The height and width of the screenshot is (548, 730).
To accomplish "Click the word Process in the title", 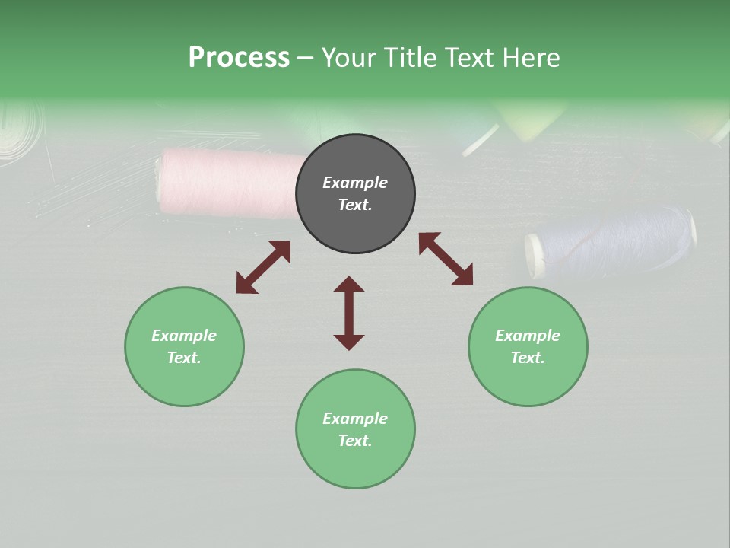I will (x=239, y=58).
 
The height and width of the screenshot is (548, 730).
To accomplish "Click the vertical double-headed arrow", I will (x=349, y=313).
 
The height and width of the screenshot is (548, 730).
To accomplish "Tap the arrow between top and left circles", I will (x=263, y=267).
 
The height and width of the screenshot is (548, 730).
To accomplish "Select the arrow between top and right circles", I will (x=446, y=259).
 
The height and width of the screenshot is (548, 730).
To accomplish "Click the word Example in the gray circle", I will (x=355, y=183).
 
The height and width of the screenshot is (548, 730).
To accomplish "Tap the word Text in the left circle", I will (x=184, y=358).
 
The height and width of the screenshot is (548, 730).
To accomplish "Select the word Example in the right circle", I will (x=528, y=336).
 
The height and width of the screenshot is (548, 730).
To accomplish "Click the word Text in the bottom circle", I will (x=355, y=441).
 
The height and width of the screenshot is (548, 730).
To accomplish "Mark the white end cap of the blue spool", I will (x=536, y=256).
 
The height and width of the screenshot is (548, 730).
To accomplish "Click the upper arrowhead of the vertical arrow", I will (x=349, y=285).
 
